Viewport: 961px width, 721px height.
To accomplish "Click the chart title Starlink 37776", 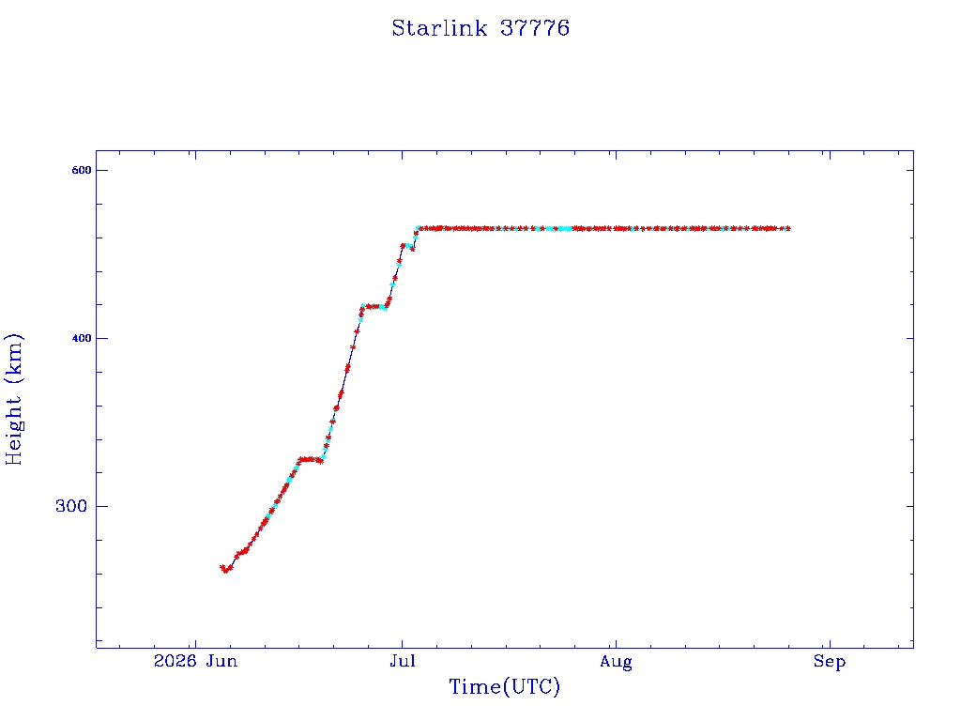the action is [480, 28].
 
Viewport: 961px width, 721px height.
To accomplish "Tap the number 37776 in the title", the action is [535, 28].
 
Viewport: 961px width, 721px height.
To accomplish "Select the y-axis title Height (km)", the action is [14, 399].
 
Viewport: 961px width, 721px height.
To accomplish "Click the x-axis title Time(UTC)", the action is [504, 686].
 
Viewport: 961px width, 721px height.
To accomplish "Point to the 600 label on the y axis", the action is [82, 171].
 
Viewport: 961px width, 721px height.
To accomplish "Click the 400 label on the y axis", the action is [82, 338].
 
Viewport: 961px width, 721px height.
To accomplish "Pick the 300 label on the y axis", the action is [71, 506].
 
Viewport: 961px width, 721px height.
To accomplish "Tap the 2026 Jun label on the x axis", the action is [195, 661].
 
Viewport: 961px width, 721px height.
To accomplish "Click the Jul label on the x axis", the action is [403, 661].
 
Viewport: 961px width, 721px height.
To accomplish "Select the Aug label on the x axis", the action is [616, 662].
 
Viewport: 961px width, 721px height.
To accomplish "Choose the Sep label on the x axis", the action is [830, 662].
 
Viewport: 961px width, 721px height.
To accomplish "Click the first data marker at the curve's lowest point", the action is [225, 570].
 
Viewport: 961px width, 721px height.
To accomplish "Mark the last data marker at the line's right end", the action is [787, 229].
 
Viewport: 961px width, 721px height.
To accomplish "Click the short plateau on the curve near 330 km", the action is [311, 459].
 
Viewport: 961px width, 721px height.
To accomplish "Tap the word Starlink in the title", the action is [439, 28].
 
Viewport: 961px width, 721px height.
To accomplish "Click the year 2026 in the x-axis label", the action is [175, 661].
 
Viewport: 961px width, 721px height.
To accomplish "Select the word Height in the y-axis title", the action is [14, 431].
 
